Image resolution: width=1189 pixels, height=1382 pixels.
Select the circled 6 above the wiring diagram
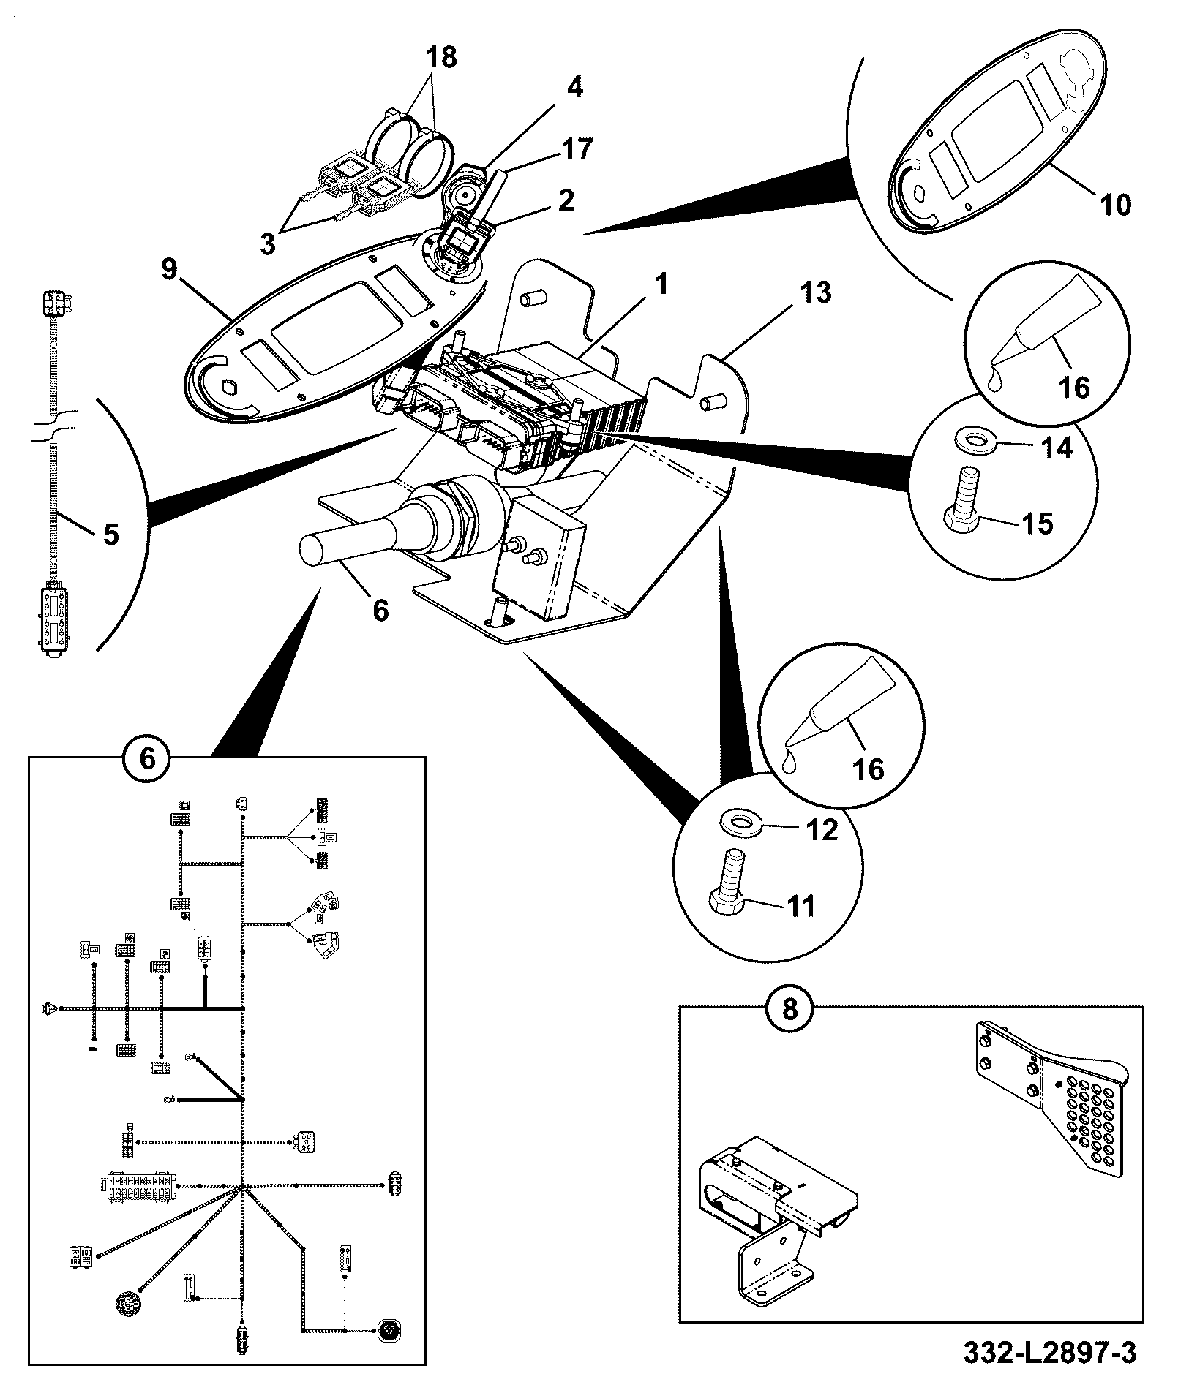click(x=147, y=758)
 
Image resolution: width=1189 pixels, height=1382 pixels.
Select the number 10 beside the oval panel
click(x=1114, y=203)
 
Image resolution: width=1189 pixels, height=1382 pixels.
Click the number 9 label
click(x=169, y=269)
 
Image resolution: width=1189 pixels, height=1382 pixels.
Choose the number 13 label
click(x=815, y=292)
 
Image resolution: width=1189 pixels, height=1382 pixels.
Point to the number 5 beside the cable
click(x=110, y=535)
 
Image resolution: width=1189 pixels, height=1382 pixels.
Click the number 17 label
click(x=575, y=149)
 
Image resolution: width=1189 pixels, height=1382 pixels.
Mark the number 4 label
click(x=575, y=87)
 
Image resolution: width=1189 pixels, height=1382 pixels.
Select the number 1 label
click(x=661, y=284)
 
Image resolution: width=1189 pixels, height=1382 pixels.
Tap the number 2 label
click(x=566, y=200)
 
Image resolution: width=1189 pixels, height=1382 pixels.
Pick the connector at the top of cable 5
click(x=54, y=304)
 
